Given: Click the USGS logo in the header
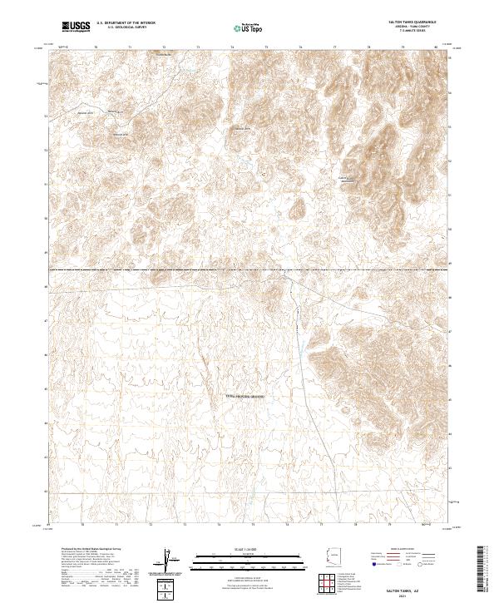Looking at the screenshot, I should click(76, 27).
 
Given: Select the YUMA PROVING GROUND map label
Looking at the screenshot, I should click(245, 397).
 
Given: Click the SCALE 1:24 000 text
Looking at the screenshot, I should click(243, 551).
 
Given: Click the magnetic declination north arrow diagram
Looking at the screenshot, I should click(170, 559).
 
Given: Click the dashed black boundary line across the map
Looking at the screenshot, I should click(249, 269).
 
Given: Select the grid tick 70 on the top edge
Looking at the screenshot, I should click(96, 47).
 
